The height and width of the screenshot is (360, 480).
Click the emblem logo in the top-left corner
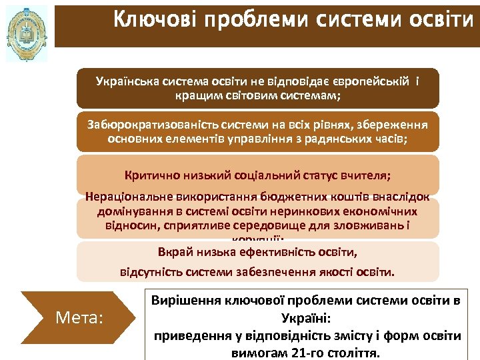tap(27, 33)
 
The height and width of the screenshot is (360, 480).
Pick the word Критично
tap(147, 176)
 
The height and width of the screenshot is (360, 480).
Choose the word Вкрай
tap(173, 252)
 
